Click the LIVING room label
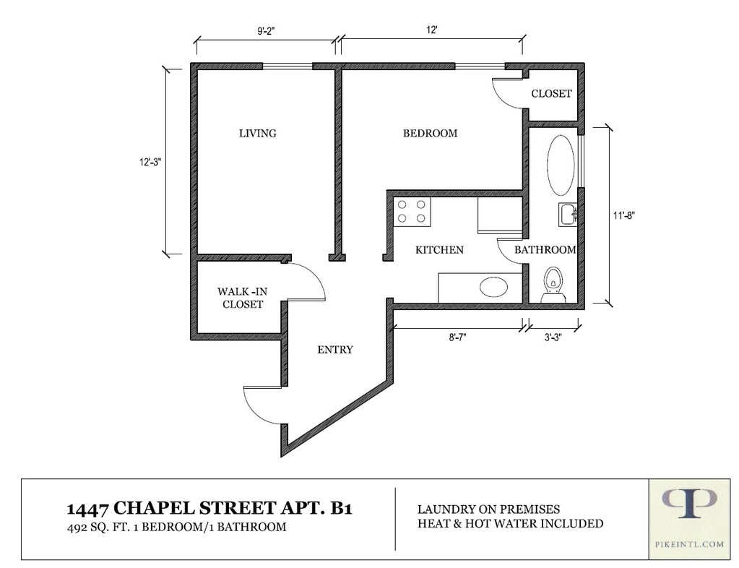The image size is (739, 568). pos(257,134)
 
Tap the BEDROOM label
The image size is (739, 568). pos(430,134)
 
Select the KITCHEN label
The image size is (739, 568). pos(439,250)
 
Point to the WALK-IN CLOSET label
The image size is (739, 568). pos(242,298)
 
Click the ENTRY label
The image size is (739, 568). pos(335,350)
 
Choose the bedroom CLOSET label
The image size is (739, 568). pos(551,94)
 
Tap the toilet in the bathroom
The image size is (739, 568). pos(553,285)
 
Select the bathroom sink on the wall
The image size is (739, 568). pos(568,215)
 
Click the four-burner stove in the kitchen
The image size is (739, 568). pos(412,212)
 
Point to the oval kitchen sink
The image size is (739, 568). pos(493,287)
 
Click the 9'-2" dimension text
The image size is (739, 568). pos(266,31)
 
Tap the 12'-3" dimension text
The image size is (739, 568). pos(150,162)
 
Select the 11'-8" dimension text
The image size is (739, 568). pos(624,216)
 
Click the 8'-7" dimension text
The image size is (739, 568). pos(458,337)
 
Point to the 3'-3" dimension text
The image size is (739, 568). pos(553,337)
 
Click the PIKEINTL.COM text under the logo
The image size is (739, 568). pos(689,544)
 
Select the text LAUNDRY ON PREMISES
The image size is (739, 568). pos(489,509)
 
